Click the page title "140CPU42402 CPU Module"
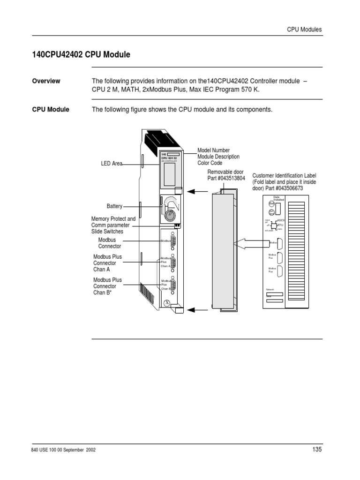tap(81, 55)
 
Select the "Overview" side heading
tap(46, 81)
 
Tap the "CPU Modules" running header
tap(304, 29)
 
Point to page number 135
tap(317, 450)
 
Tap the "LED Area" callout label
tap(112, 164)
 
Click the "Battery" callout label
tap(114, 206)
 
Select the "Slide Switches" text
tap(107, 232)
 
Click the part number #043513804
tap(226, 179)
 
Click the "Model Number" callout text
tap(214, 150)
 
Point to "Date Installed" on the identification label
tap(279, 198)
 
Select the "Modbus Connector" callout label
tap(109, 243)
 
